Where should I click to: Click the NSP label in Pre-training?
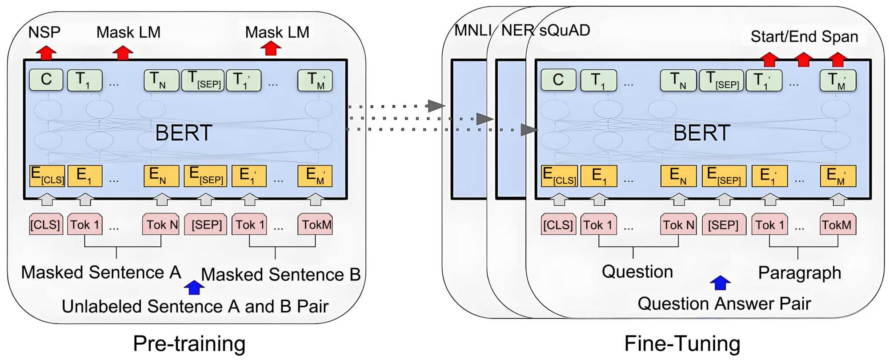(x=44, y=32)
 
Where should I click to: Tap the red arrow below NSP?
(x=46, y=52)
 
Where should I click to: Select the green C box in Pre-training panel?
(x=46, y=80)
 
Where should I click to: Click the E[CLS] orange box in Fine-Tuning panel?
(x=559, y=176)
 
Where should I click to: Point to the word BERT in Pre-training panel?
(x=184, y=133)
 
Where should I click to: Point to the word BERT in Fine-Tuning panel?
(x=701, y=133)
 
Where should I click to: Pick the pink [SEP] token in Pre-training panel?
(x=206, y=224)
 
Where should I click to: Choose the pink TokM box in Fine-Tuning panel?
(x=837, y=224)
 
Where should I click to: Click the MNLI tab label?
(x=472, y=30)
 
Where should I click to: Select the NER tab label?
(x=517, y=30)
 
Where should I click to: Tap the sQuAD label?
(x=565, y=30)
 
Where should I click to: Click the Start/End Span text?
(x=804, y=36)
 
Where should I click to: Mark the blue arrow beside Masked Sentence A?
(x=194, y=287)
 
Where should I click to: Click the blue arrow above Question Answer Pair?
(x=720, y=283)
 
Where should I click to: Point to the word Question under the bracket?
(x=637, y=272)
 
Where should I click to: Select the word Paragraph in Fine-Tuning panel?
(x=799, y=273)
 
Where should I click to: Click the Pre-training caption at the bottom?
(x=189, y=344)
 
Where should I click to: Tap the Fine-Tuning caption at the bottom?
(x=682, y=344)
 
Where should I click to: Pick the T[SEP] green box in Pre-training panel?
(x=203, y=80)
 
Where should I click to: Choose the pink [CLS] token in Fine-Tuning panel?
(x=558, y=224)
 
